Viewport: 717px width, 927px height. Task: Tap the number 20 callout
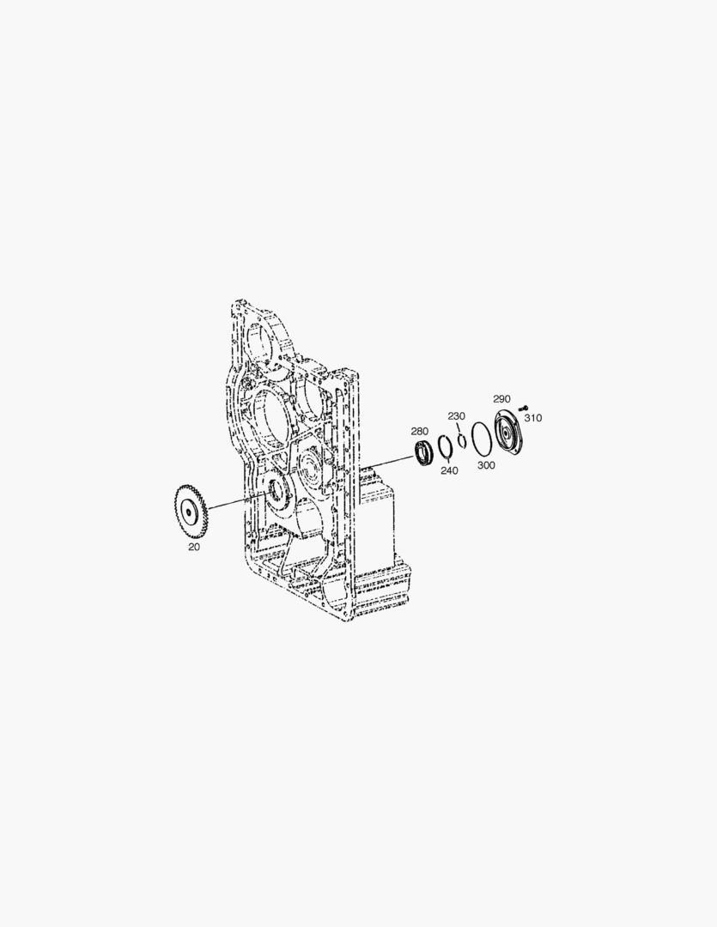point(194,546)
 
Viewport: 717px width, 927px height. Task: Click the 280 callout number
point(419,431)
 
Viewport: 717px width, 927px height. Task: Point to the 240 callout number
point(449,470)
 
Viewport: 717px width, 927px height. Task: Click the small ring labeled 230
point(462,441)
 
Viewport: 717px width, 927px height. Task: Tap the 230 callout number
point(456,416)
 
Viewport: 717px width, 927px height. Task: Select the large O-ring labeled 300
point(481,439)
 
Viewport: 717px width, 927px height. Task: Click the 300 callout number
point(486,465)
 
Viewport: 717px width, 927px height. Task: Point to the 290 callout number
point(501,399)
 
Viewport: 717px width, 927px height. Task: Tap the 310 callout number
point(533,418)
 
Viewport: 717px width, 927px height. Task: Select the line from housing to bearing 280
point(386,463)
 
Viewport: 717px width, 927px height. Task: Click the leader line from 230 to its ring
point(459,429)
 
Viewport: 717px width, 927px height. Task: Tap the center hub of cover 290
point(512,435)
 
